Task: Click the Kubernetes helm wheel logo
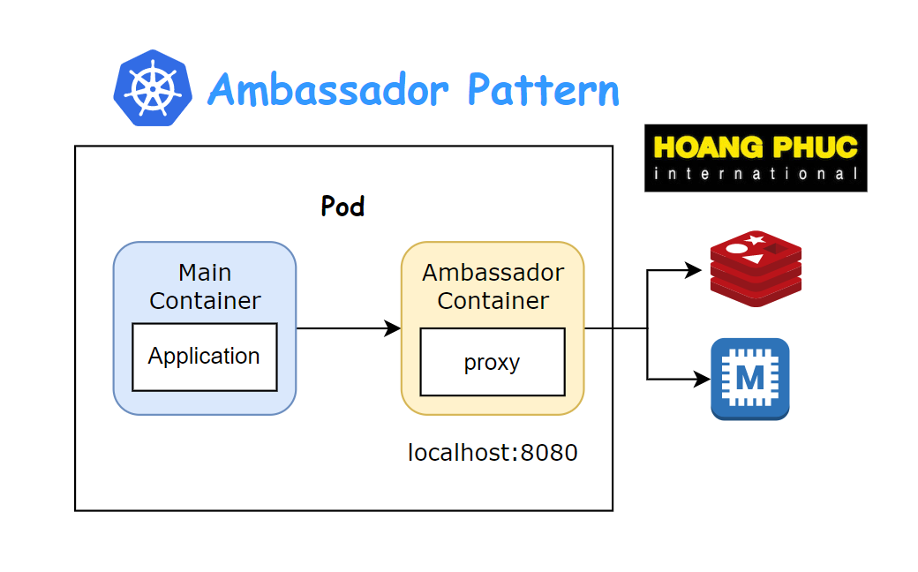pyautogui.click(x=152, y=88)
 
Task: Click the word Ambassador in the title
pyautogui.click(x=327, y=89)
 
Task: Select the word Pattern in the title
pyautogui.click(x=543, y=89)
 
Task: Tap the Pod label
pyautogui.click(x=342, y=207)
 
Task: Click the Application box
pyautogui.click(x=204, y=357)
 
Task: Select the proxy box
pyautogui.click(x=492, y=362)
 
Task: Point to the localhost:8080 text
pyautogui.click(x=493, y=454)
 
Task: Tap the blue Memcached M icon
pyautogui.click(x=750, y=379)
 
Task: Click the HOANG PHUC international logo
pyautogui.click(x=756, y=158)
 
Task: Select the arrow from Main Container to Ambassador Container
pyautogui.click(x=349, y=328)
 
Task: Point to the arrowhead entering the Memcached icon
pyautogui.click(x=703, y=380)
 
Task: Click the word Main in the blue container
pyautogui.click(x=205, y=272)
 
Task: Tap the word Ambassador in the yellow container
pyautogui.click(x=493, y=272)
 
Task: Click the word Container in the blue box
pyautogui.click(x=205, y=300)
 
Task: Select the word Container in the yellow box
pyautogui.click(x=493, y=300)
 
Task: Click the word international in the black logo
pyautogui.click(x=756, y=174)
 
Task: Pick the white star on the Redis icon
pyautogui.click(x=755, y=239)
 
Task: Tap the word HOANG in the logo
pyautogui.click(x=703, y=147)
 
